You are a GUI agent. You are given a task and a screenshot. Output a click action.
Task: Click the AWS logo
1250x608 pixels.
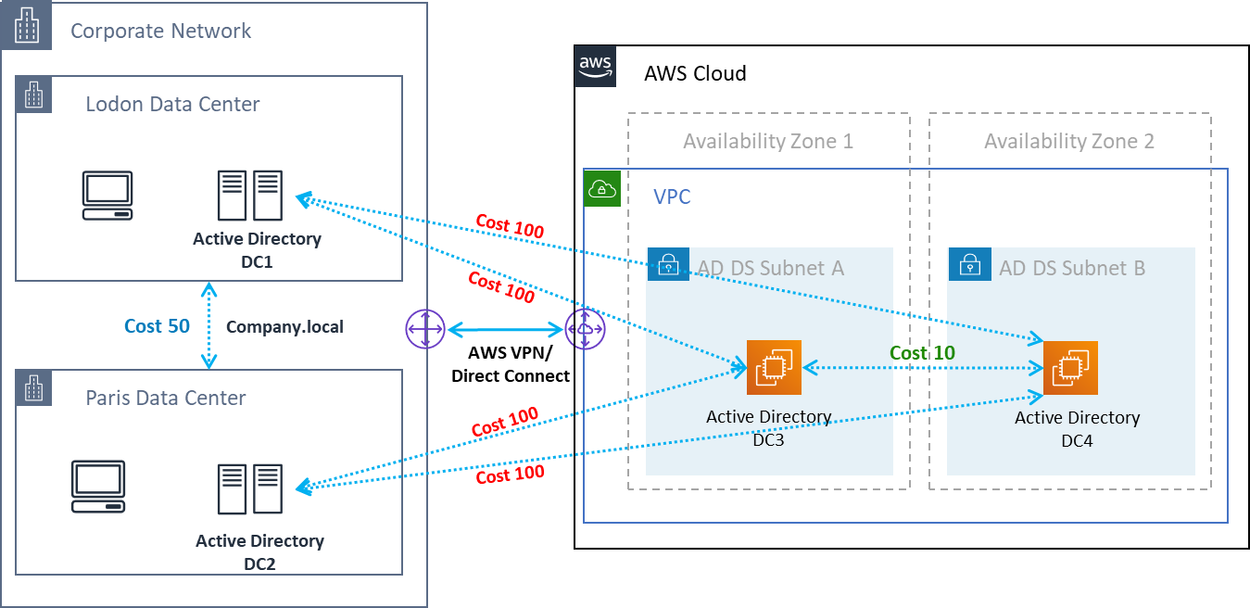[595, 66]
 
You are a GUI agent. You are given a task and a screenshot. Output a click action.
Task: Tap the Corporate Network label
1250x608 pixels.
[160, 31]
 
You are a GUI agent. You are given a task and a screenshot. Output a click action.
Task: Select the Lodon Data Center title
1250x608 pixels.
[172, 104]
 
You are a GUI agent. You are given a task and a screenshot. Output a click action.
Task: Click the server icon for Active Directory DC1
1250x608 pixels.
[249, 196]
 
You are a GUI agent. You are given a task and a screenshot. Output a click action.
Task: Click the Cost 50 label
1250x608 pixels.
[158, 326]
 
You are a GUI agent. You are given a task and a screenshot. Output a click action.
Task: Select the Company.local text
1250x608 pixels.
[285, 327]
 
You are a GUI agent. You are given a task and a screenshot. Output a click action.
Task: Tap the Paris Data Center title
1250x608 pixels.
[166, 398]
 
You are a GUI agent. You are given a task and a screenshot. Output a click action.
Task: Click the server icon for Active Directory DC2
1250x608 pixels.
[249, 488]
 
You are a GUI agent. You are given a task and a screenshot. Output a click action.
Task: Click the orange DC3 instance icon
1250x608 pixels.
[774, 368]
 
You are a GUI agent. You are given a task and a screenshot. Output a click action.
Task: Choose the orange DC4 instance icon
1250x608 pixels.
[1070, 368]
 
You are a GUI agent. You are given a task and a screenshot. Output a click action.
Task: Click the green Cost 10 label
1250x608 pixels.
[922, 353]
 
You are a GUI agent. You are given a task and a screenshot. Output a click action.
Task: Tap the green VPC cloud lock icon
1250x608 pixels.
[602, 188]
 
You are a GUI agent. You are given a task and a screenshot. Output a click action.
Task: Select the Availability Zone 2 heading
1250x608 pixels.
[1068, 142]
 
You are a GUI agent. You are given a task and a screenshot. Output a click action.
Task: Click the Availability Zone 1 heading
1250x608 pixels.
[767, 142]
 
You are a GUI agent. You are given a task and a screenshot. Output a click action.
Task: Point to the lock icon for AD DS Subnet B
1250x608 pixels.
[969, 265]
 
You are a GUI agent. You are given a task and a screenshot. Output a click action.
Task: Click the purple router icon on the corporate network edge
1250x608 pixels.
[425, 330]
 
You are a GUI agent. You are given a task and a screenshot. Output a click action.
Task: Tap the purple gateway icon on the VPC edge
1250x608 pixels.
[586, 330]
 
